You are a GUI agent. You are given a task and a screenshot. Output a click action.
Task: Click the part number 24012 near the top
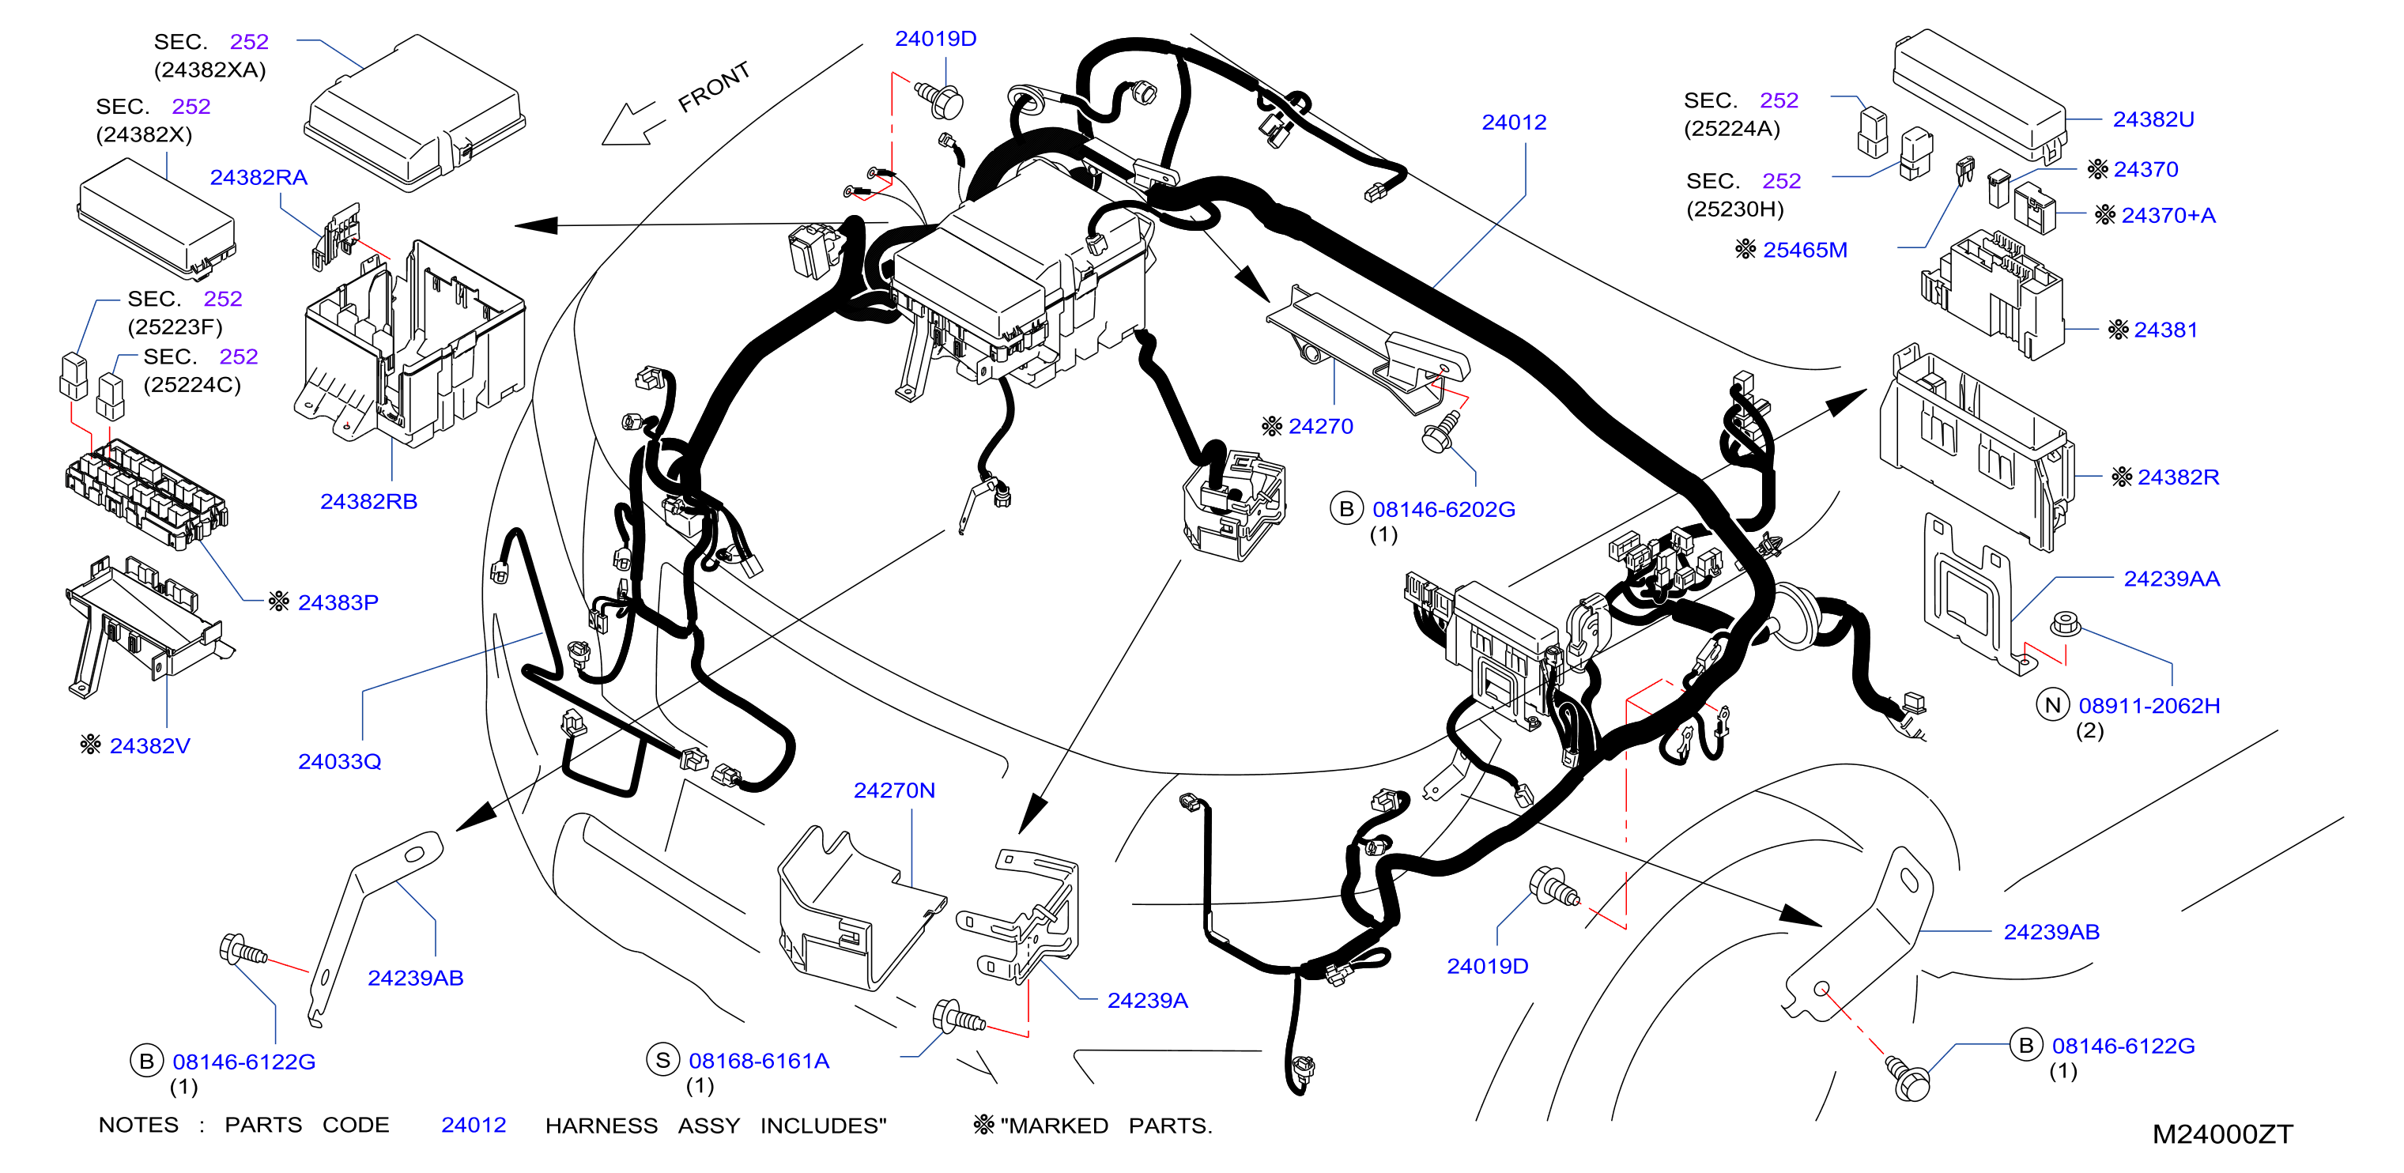(x=1514, y=123)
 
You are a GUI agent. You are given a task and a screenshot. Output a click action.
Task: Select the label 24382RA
(x=259, y=177)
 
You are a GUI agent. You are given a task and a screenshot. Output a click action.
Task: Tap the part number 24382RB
(x=368, y=501)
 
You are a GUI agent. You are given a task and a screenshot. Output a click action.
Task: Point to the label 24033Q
(x=340, y=761)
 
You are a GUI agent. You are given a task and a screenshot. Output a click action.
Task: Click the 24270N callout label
(x=894, y=790)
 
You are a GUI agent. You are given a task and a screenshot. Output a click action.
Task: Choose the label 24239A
(x=1147, y=1001)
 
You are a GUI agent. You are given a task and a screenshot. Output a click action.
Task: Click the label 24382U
(x=2153, y=119)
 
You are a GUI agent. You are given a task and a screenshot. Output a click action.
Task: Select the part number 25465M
(x=1805, y=250)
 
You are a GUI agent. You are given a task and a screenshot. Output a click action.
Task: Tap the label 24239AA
(x=2172, y=579)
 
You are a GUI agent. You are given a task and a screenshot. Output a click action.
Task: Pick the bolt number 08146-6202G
(x=1444, y=510)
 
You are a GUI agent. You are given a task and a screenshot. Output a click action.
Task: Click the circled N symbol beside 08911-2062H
(x=2052, y=704)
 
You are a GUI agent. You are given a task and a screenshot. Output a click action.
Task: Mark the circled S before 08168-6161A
(x=662, y=1060)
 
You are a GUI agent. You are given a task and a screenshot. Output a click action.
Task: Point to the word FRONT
(x=714, y=87)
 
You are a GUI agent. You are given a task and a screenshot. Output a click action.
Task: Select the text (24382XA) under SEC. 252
(x=210, y=70)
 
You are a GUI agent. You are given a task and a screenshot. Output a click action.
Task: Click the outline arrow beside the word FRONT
(x=634, y=123)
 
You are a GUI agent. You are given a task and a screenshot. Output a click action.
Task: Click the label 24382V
(x=149, y=745)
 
